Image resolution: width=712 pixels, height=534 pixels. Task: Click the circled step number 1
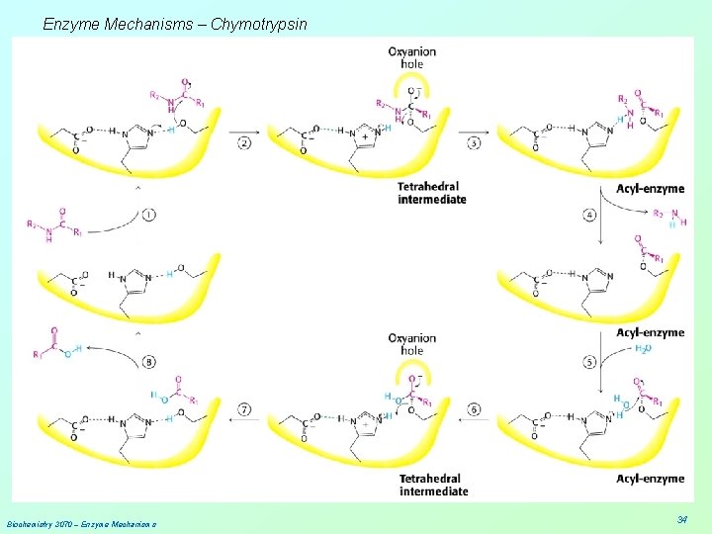149,213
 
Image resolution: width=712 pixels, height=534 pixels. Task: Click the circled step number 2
244,142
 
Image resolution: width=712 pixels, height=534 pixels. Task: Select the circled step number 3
474,142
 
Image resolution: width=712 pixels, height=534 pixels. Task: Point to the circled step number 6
474,409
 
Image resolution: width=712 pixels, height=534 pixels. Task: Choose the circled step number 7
244,409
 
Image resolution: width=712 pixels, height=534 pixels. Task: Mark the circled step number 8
149,362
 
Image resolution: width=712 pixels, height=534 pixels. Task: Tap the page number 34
682,519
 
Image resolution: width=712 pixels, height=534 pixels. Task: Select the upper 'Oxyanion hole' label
411,57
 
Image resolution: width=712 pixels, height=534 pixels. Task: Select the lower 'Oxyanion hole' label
411,344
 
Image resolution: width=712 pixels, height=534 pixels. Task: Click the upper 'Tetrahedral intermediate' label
431,193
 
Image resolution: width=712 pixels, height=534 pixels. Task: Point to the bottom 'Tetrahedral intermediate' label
433,485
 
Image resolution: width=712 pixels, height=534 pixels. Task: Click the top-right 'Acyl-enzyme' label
650,189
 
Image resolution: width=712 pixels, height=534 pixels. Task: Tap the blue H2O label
642,349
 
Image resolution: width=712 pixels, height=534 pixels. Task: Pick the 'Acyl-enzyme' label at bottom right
650,479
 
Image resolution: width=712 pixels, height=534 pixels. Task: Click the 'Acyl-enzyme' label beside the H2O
650,332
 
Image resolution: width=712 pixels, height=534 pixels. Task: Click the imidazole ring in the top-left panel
134,139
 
